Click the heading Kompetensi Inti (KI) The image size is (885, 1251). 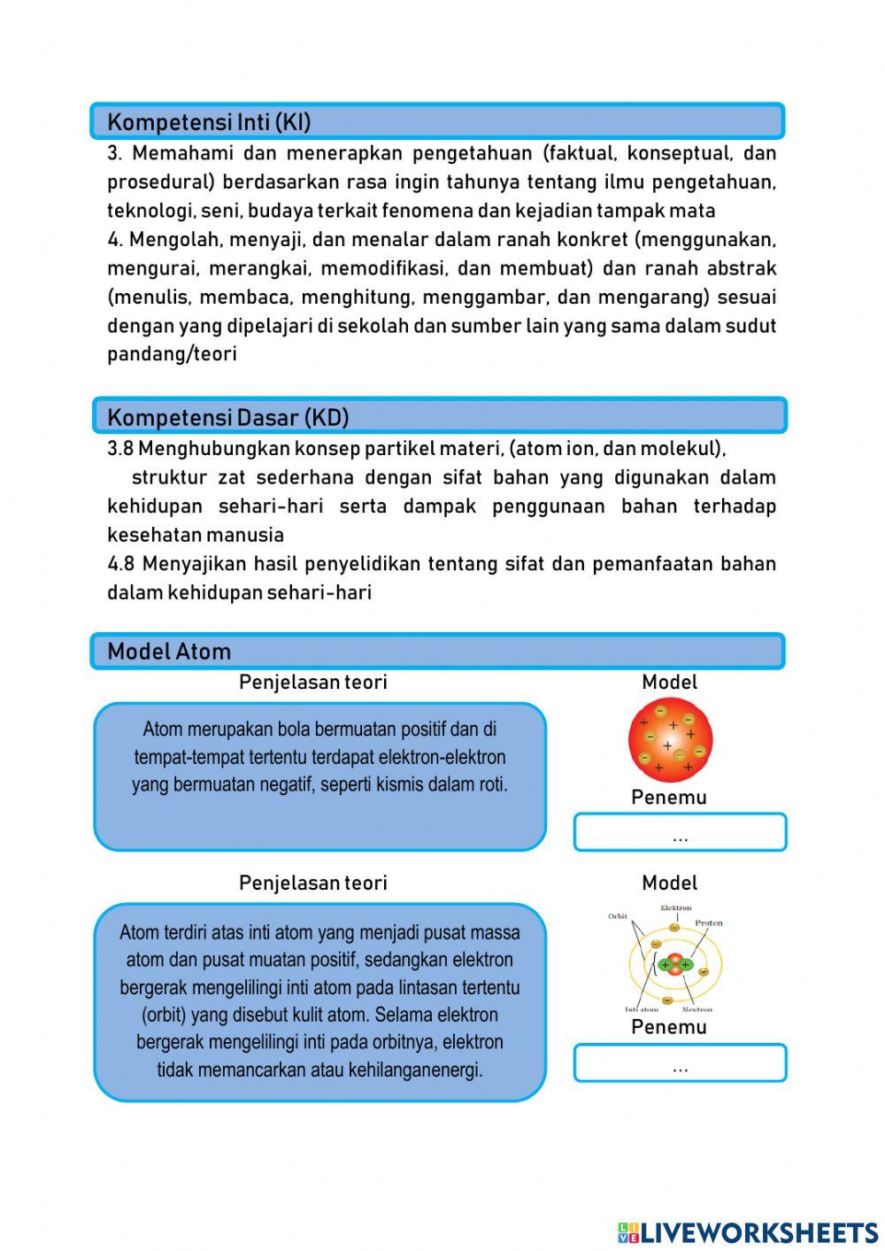[x=209, y=121]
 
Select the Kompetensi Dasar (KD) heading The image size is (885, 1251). [x=227, y=417]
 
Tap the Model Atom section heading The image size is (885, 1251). [x=169, y=652]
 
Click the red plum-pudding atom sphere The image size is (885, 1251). [x=670, y=740]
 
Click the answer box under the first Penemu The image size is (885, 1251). [x=680, y=833]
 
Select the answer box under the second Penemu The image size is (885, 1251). [x=680, y=1063]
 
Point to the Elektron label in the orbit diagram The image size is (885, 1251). [x=675, y=908]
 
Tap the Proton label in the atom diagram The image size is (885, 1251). [x=708, y=923]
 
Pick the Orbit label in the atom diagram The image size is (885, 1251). [x=618, y=916]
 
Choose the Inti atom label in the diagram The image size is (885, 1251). [x=642, y=1009]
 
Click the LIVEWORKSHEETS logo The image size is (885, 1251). [x=748, y=1232]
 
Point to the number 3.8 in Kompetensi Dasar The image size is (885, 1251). [x=120, y=449]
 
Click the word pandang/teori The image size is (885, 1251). [x=172, y=354]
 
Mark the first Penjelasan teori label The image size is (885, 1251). [x=312, y=683]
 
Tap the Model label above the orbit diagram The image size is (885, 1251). [x=669, y=883]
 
